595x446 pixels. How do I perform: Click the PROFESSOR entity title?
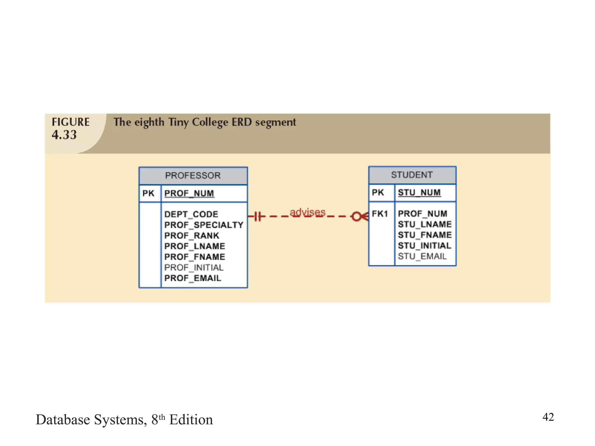pos(193,175)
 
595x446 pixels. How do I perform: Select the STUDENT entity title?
pos(412,175)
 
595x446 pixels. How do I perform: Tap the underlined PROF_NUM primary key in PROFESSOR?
pos(189,193)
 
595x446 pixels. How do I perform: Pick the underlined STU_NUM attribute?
pos(419,193)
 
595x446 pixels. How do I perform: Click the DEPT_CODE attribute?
pos(191,214)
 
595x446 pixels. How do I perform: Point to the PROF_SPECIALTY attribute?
pos(204,225)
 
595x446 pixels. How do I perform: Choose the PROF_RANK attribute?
pos(192,235)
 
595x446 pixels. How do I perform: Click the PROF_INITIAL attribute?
pos(194,267)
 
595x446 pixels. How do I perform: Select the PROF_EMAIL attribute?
pos(193,278)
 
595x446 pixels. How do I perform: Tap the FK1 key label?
pos(380,214)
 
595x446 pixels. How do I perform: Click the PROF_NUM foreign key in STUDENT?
pos(422,214)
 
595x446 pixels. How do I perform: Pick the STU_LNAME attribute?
pos(425,224)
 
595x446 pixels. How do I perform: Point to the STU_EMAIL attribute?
pos(422,256)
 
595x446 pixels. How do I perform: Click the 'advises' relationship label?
pos(307,212)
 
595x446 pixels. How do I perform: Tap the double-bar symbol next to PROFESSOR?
pos(258,216)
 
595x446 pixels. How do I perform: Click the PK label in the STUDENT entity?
pos(378,193)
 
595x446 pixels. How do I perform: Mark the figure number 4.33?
pos(64,135)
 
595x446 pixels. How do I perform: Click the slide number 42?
pos(548,417)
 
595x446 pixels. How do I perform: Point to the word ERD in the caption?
pos(242,122)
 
